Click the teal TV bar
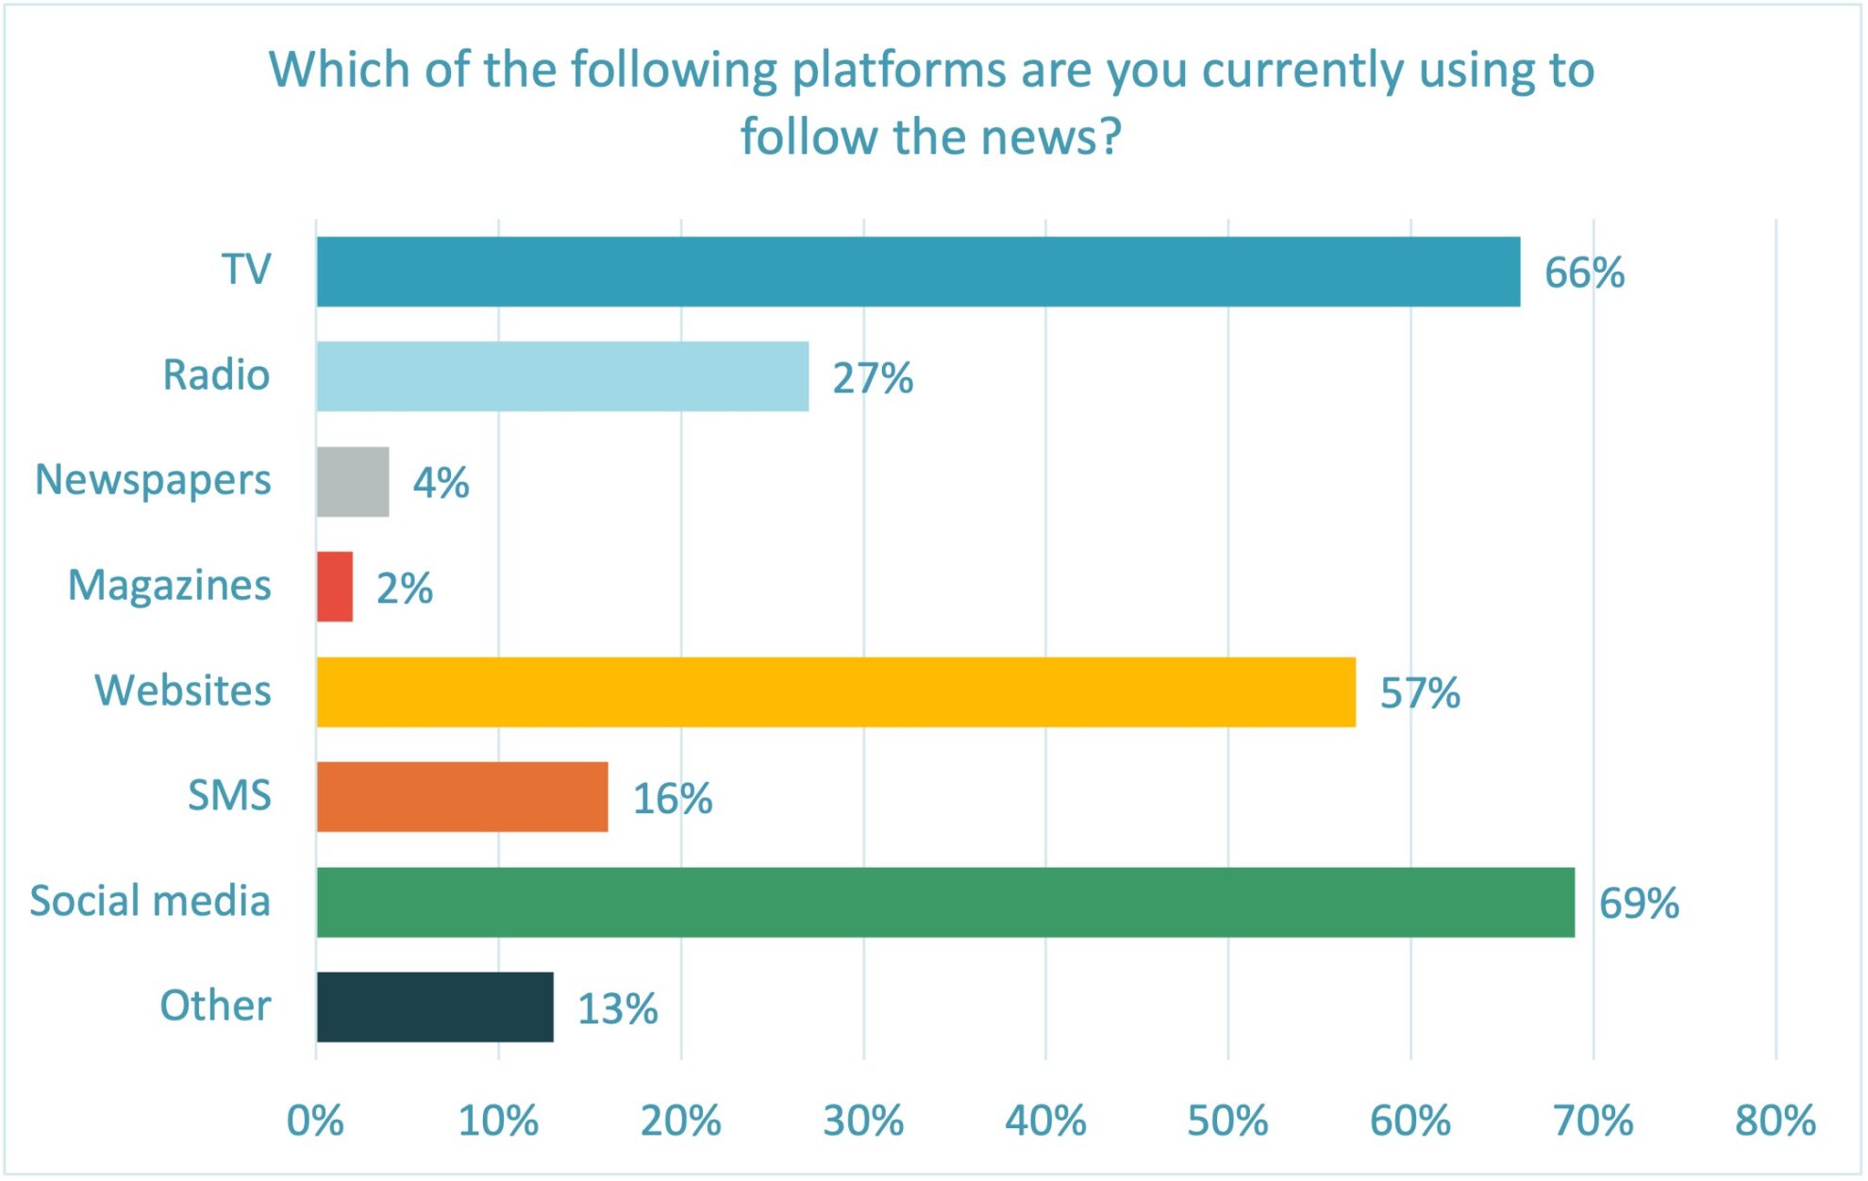(918, 272)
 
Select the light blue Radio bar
(562, 376)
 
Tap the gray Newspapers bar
(353, 482)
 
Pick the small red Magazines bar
(335, 587)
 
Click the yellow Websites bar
(836, 692)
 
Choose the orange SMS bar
(462, 797)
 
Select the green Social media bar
(945, 903)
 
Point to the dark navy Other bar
(435, 1007)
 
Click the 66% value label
(1584, 273)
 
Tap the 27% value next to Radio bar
(873, 378)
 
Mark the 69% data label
(1639, 904)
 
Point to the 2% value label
(405, 589)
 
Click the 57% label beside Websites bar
(1420, 693)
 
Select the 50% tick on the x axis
(1227, 1121)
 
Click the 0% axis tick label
(315, 1121)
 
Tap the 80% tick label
(1775, 1121)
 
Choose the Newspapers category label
(153, 480)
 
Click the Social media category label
(150, 901)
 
